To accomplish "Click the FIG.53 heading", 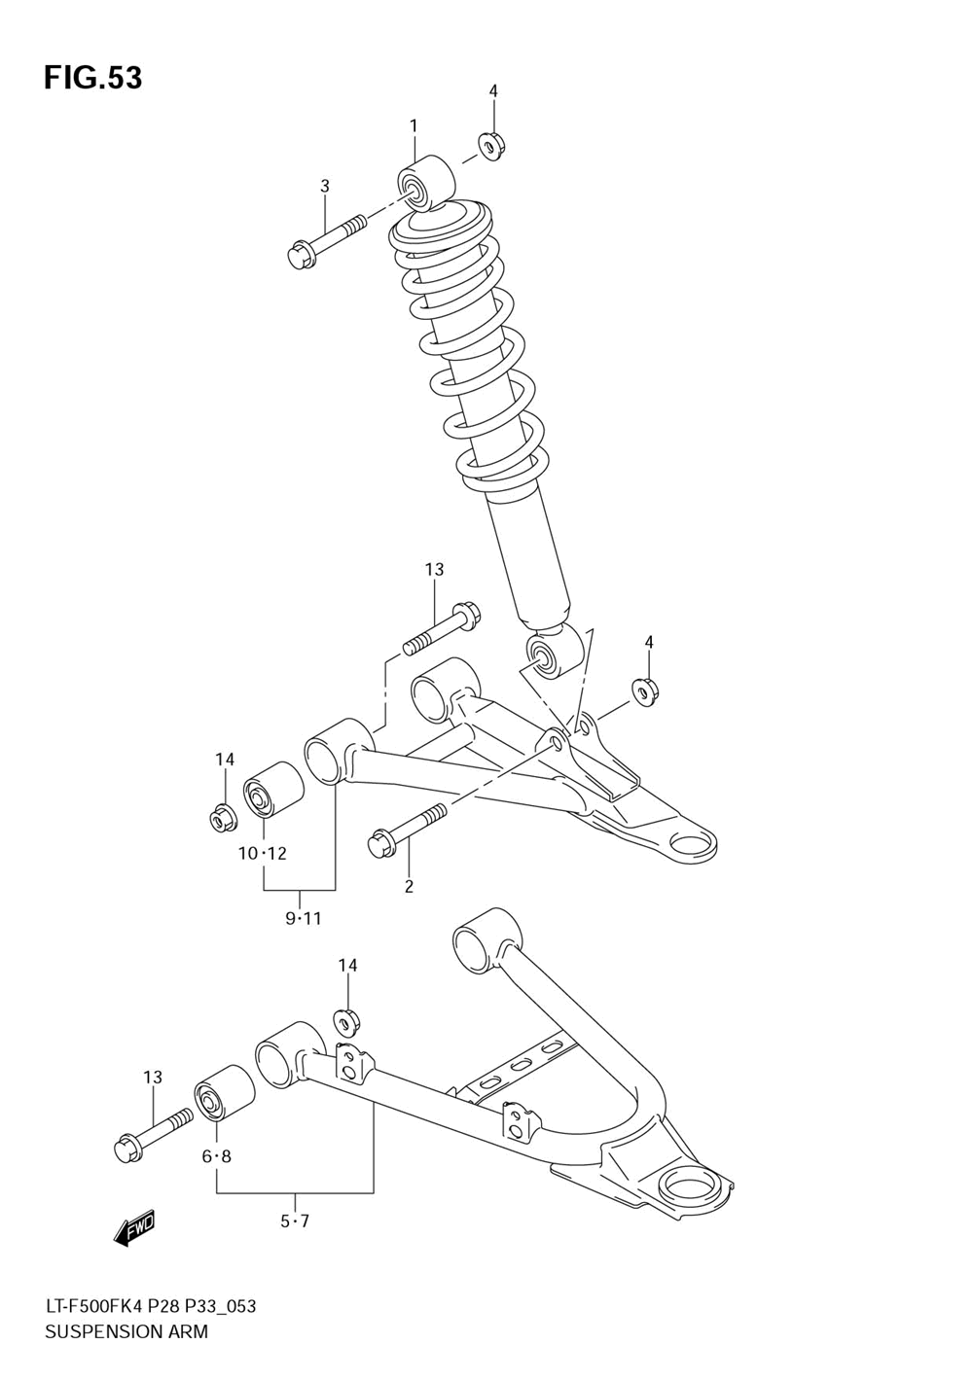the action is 92,78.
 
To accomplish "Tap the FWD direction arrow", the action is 134,1230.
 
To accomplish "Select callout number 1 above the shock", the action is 414,125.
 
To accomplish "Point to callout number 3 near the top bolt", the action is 325,186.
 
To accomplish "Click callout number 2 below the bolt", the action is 409,886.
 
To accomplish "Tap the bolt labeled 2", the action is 405,828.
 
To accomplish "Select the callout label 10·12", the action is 263,854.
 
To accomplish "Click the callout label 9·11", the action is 303,919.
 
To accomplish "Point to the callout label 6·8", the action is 216,1156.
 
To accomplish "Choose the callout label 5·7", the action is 295,1221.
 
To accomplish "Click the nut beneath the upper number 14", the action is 224,817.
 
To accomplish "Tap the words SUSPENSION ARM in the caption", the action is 126,1331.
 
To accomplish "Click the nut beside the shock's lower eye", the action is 647,690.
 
